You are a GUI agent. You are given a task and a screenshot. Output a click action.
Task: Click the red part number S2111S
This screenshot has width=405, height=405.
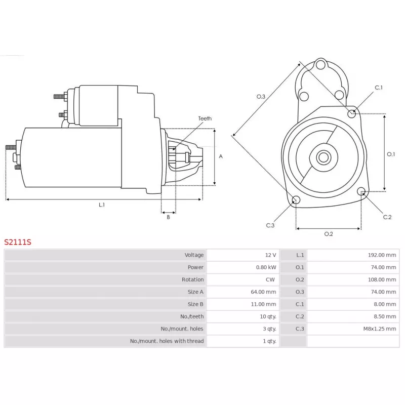[x=18, y=242]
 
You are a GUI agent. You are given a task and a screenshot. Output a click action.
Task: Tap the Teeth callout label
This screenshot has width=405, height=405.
[x=205, y=118]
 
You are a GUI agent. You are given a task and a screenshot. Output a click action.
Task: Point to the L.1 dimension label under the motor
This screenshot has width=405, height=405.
[x=102, y=205]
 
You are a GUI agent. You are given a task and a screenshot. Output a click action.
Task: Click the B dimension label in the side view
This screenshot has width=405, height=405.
[x=168, y=217]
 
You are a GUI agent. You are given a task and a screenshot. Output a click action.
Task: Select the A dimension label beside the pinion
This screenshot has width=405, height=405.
[x=221, y=156]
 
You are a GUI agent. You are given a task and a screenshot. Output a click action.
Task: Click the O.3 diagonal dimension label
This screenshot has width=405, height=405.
[x=261, y=97]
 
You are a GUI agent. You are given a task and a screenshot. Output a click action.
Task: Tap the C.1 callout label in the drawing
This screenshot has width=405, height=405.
[x=379, y=88]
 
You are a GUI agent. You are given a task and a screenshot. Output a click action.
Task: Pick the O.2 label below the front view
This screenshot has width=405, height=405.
[x=329, y=234]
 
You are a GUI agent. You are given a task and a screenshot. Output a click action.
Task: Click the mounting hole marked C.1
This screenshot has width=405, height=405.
[x=351, y=113]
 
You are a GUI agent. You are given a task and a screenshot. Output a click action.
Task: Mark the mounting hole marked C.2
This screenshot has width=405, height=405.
[x=361, y=191]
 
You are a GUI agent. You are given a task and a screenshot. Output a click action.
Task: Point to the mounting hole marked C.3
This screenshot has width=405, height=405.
[x=296, y=199]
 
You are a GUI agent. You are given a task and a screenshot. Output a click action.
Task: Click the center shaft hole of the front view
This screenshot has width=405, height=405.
[x=323, y=157]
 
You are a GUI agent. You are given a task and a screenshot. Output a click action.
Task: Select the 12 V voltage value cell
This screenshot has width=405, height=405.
[x=270, y=255]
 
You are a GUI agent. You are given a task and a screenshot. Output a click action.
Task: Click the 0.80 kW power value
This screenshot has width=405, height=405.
[x=266, y=267]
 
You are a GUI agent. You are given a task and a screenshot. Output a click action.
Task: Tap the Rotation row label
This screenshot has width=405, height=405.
[x=193, y=279]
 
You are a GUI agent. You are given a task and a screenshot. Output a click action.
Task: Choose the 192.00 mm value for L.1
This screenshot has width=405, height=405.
[x=382, y=255]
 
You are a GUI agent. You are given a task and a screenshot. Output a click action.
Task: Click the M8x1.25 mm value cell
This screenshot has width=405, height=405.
[x=380, y=329]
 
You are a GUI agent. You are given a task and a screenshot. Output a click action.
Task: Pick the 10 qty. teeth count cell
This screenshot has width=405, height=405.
[x=268, y=316]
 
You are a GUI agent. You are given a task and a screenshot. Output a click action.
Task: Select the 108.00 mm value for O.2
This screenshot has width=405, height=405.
[x=382, y=279]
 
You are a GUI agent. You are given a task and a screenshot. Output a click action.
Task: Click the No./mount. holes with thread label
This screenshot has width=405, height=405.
[x=167, y=341]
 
